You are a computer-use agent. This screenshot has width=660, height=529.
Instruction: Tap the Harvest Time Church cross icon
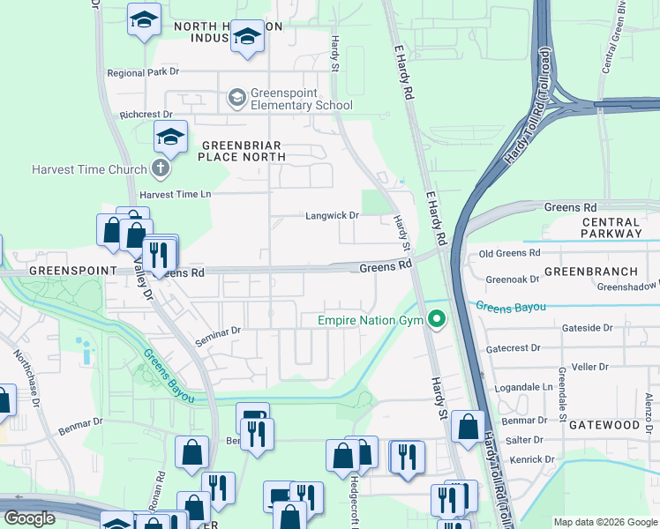tap(160, 168)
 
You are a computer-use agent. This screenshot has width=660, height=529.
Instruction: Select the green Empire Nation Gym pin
tap(435, 320)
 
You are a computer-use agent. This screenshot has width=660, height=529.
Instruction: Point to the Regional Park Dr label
tap(142, 73)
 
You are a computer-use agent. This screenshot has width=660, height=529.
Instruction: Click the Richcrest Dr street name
tap(146, 115)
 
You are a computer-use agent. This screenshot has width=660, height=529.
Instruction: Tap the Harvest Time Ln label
tap(176, 194)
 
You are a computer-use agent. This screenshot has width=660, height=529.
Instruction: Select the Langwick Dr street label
tap(332, 215)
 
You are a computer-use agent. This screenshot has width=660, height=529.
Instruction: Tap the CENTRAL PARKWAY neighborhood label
tap(611, 227)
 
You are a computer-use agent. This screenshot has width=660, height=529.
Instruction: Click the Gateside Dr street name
tap(586, 328)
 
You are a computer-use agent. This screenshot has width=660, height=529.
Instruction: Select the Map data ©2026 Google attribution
tap(604, 522)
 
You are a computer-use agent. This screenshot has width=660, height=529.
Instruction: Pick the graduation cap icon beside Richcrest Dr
tap(170, 137)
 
